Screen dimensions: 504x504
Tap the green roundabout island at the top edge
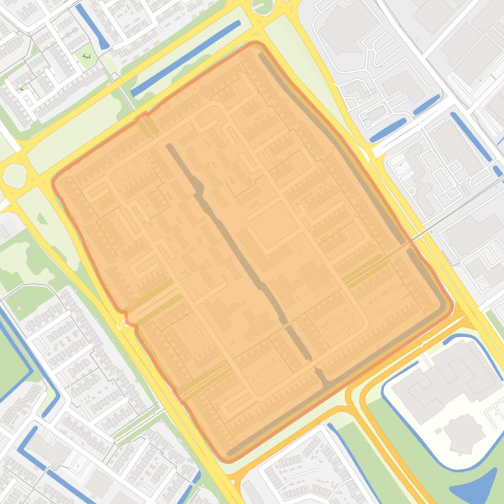262,6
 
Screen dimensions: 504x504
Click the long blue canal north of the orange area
185,59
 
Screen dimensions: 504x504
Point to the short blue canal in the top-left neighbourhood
92,26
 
